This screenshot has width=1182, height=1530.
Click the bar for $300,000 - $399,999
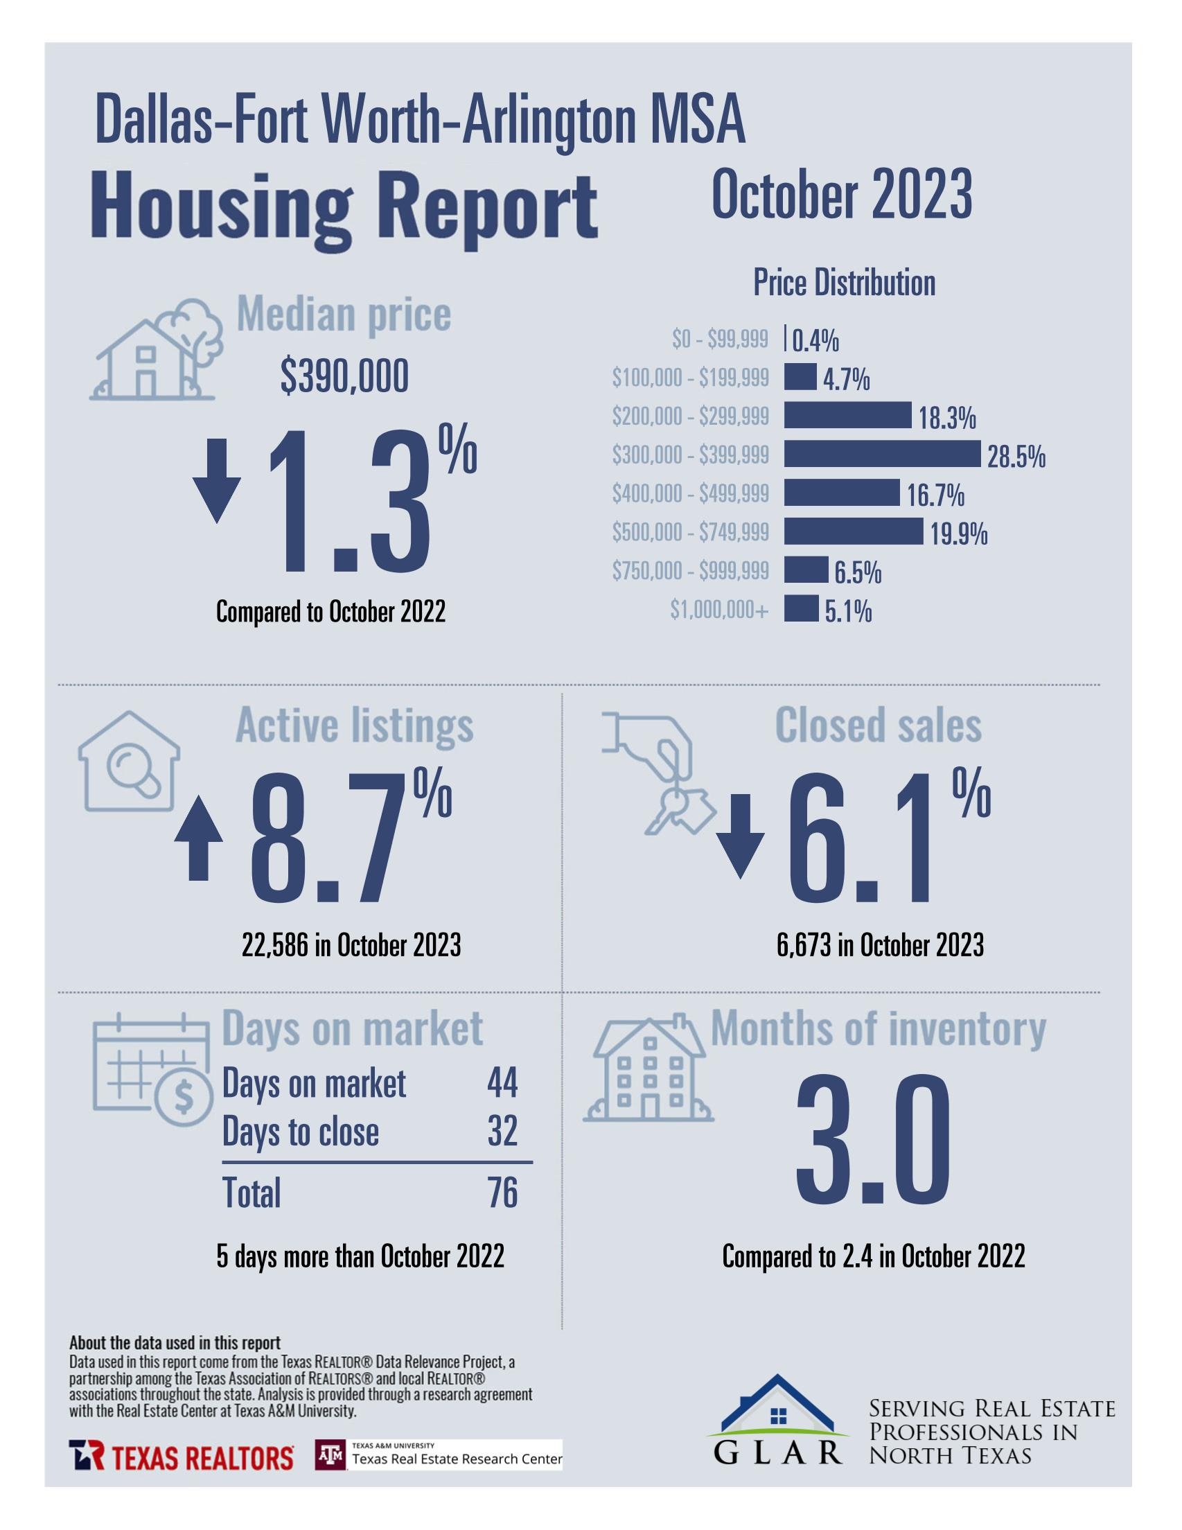[x=881, y=454]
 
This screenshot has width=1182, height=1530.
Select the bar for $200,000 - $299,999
[x=847, y=416]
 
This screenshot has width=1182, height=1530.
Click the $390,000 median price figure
[x=344, y=378]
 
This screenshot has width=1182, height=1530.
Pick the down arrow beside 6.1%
[x=740, y=835]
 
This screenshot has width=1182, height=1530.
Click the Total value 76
[x=502, y=1193]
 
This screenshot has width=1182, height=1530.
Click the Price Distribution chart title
[x=844, y=283]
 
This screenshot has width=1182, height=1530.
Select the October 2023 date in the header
[x=842, y=195]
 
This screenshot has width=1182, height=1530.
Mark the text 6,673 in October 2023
[x=879, y=946]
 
